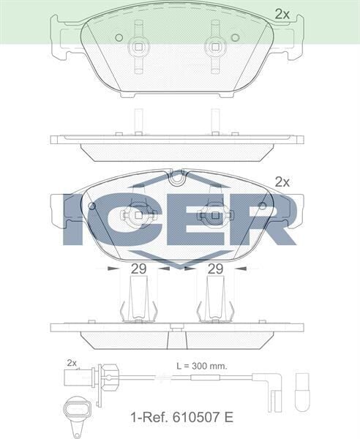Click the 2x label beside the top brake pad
coord(282,13)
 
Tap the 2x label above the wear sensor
coord(72,363)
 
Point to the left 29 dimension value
coord(138,269)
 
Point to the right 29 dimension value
coord(214,269)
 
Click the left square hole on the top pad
coord(137,47)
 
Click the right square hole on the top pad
coord(215,47)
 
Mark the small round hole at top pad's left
coord(116,37)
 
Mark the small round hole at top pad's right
coord(234,37)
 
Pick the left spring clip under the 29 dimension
coord(137,300)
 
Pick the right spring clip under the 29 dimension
coord(215,300)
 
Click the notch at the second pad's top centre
coord(176,176)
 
